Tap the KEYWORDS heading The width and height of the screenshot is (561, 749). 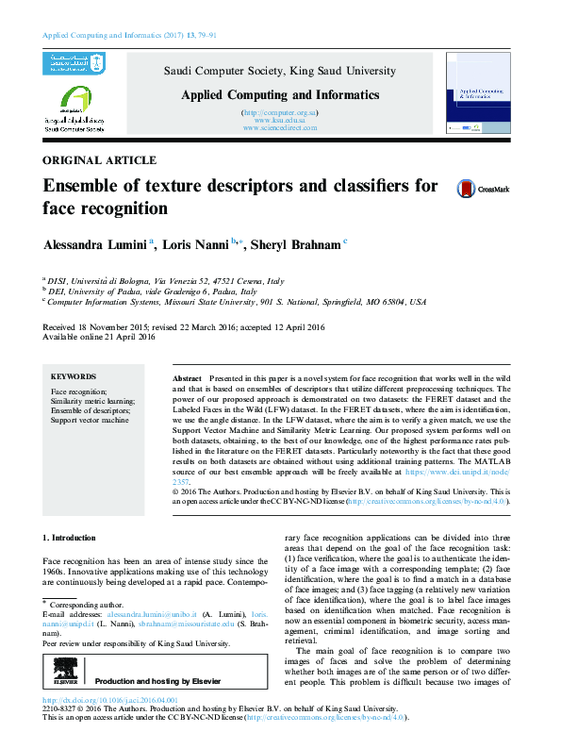(73, 375)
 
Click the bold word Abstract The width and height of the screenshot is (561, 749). (189, 375)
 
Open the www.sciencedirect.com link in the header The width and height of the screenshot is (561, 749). (279, 127)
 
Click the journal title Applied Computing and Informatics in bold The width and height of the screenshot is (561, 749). (280, 95)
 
